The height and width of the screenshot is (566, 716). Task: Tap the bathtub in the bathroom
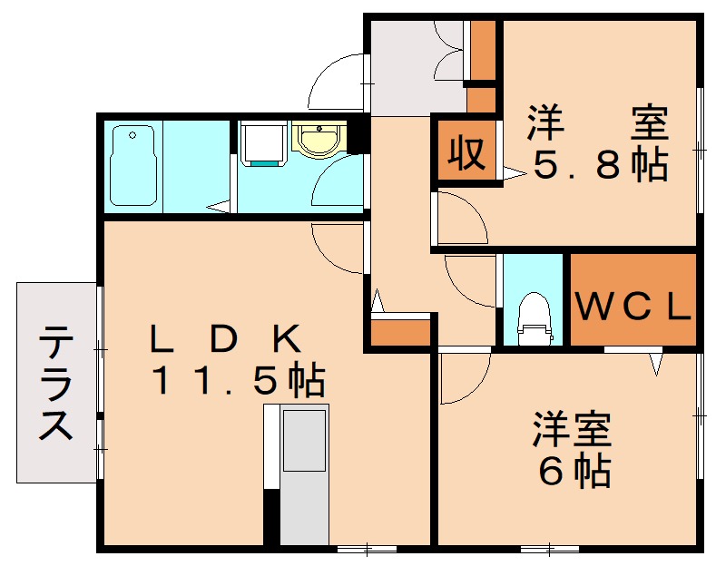(133, 165)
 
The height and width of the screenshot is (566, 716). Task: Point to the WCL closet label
(633, 307)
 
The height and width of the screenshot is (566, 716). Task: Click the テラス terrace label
(55, 382)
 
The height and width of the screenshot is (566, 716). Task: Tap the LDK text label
(227, 338)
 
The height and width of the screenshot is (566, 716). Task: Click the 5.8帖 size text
(601, 164)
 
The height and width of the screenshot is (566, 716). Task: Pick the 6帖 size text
(574, 471)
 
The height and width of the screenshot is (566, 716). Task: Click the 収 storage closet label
(466, 153)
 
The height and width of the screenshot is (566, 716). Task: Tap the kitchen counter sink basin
(305, 441)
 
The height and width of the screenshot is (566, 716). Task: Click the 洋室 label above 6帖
(572, 429)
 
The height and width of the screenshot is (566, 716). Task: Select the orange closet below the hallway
(400, 332)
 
